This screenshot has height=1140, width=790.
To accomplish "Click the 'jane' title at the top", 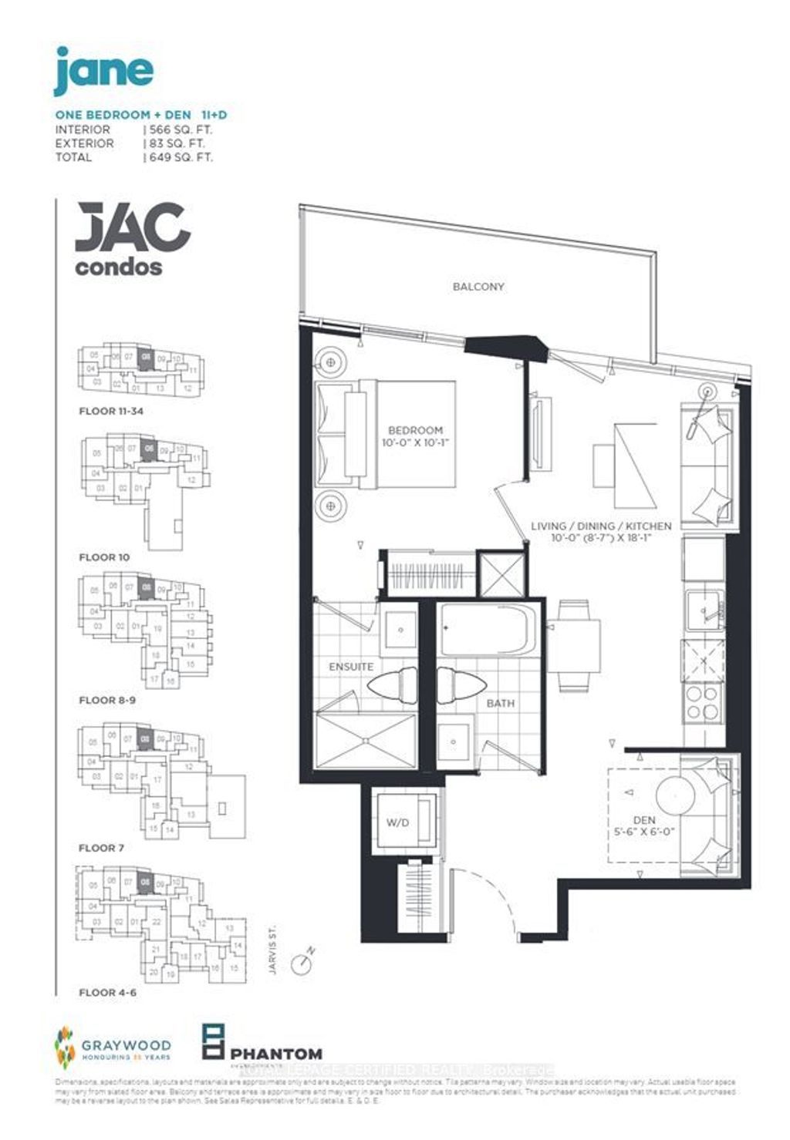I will coord(103,70).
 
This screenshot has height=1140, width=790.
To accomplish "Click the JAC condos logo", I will coord(132,238).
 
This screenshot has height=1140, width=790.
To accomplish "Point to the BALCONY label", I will coord(478,287).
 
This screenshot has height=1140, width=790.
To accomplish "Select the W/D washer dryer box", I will coord(398,822).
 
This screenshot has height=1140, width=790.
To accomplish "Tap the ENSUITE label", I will coord(351,667).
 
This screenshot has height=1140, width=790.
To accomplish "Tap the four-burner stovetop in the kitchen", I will coord(702,701).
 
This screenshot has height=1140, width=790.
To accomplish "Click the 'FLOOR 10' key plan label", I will coord(104,557).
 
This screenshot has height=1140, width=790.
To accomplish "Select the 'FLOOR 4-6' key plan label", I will coord(107,993).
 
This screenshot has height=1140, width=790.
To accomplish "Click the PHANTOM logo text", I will coord(275,1054).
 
